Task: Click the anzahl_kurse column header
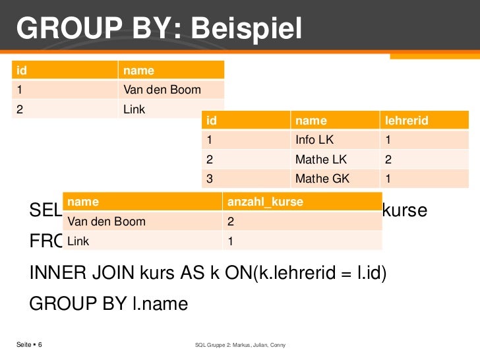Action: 264,201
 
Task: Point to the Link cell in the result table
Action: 78,241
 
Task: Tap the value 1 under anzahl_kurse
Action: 230,241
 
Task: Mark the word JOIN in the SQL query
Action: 106,273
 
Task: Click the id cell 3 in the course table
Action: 210,179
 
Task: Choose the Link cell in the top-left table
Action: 134,109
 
